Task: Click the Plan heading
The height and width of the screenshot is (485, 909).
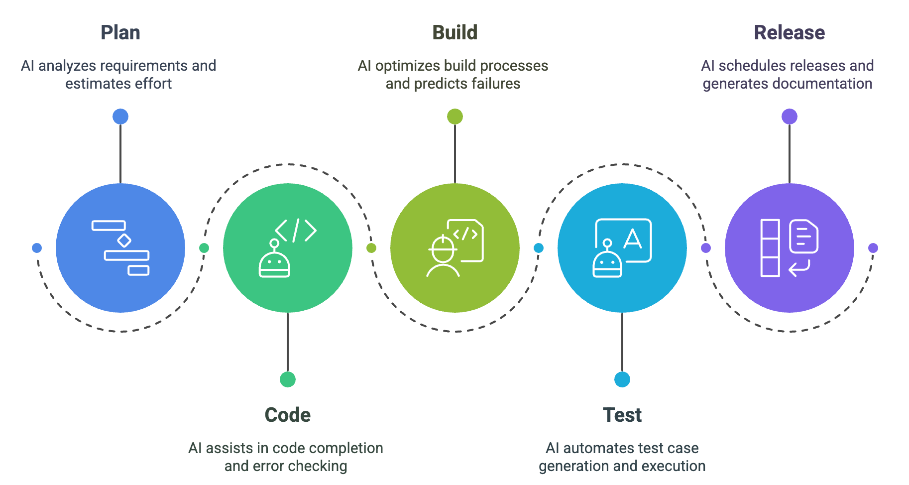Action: pyautogui.click(x=120, y=33)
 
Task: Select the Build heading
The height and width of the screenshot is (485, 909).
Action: pyautogui.click(x=454, y=33)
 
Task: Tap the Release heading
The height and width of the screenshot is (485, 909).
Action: pyautogui.click(x=789, y=33)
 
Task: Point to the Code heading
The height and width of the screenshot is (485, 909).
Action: pyautogui.click(x=287, y=415)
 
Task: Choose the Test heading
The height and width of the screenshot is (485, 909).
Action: pyautogui.click(x=622, y=415)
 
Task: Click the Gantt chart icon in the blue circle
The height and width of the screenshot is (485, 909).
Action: pyautogui.click(x=120, y=248)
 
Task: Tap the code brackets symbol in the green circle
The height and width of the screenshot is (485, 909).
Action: pyautogui.click(x=296, y=231)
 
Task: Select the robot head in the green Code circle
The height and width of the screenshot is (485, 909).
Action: pyautogui.click(x=274, y=263)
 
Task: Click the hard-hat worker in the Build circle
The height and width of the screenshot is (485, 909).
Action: pyautogui.click(x=443, y=256)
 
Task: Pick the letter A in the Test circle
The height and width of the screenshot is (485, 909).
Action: pyautogui.click(x=633, y=239)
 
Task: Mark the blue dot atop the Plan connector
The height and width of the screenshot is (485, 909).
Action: pyautogui.click(x=120, y=117)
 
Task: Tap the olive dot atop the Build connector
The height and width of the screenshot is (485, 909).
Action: pyautogui.click(x=454, y=117)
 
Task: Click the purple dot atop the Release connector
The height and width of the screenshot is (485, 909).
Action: pyautogui.click(x=789, y=117)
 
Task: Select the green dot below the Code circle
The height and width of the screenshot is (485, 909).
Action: pyautogui.click(x=287, y=379)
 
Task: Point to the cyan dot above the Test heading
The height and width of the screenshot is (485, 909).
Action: pyautogui.click(x=622, y=379)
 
